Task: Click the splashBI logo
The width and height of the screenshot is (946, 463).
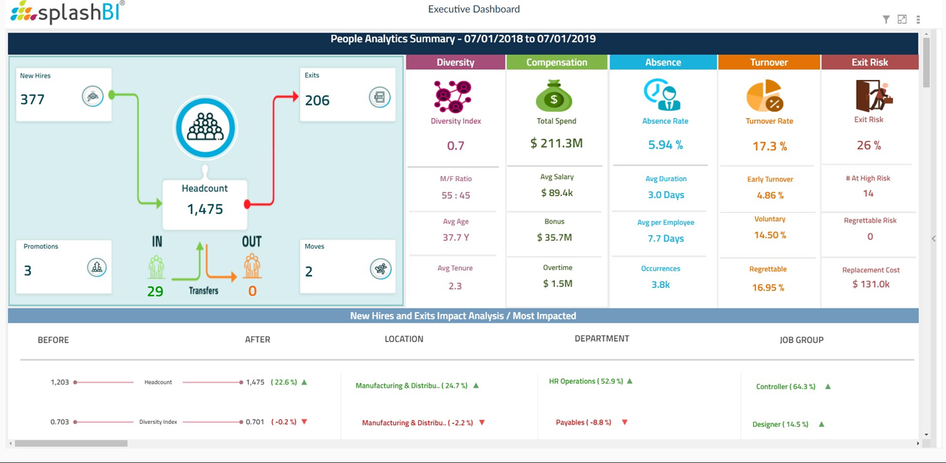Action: point(67,12)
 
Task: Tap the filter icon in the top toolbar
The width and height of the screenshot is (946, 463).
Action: point(885,20)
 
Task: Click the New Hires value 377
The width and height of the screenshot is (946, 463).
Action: point(33,100)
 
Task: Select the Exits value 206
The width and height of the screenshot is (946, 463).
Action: point(317,101)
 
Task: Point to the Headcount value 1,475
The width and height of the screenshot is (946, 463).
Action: point(205,209)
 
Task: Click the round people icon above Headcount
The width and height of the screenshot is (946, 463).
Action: point(205,128)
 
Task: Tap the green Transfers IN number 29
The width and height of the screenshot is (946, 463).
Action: point(155,291)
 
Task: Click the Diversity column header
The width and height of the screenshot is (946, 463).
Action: point(455,62)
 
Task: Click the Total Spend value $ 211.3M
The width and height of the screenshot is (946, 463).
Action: point(557,143)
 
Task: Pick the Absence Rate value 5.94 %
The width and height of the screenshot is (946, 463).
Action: point(665,145)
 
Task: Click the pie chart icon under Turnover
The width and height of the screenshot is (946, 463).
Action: point(765,96)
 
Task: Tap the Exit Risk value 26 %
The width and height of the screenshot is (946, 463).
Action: point(868,146)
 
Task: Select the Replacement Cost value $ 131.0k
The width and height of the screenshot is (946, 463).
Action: point(870,284)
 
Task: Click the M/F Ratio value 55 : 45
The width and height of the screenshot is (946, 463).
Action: point(455,195)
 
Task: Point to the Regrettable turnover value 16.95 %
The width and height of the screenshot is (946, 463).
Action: point(768,288)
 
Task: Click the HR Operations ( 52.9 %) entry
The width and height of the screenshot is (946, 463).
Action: point(586,382)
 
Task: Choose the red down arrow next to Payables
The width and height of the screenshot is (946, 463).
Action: point(625,422)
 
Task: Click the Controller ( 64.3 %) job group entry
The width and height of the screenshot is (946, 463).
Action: point(786,387)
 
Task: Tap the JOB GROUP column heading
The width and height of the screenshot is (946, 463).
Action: point(801,340)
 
